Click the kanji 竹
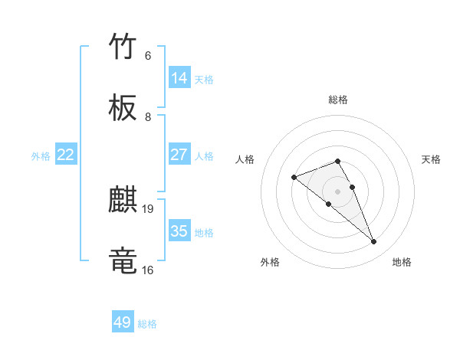pyautogui.click(x=123, y=47)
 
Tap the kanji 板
pyautogui.click(x=123, y=108)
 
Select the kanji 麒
pyautogui.click(x=123, y=201)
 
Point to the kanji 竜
pyautogui.click(x=123, y=260)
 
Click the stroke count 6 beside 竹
pyautogui.click(x=147, y=56)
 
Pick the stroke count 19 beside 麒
pyautogui.click(x=149, y=208)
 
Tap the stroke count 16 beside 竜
pyautogui.click(x=147, y=270)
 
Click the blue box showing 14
pyautogui.click(x=179, y=78)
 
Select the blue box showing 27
pyautogui.click(x=179, y=155)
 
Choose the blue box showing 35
pyautogui.click(x=179, y=231)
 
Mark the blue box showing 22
pyautogui.click(x=66, y=155)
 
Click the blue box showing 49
pyautogui.click(x=123, y=322)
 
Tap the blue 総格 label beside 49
pyautogui.click(x=147, y=324)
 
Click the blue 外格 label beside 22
pyautogui.click(x=41, y=156)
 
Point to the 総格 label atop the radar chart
pyautogui.click(x=338, y=100)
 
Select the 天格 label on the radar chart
pyautogui.click(x=432, y=159)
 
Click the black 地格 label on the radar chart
pyautogui.click(x=402, y=262)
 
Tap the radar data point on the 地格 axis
pyautogui.click(x=374, y=242)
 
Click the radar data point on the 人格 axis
pyautogui.click(x=294, y=178)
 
